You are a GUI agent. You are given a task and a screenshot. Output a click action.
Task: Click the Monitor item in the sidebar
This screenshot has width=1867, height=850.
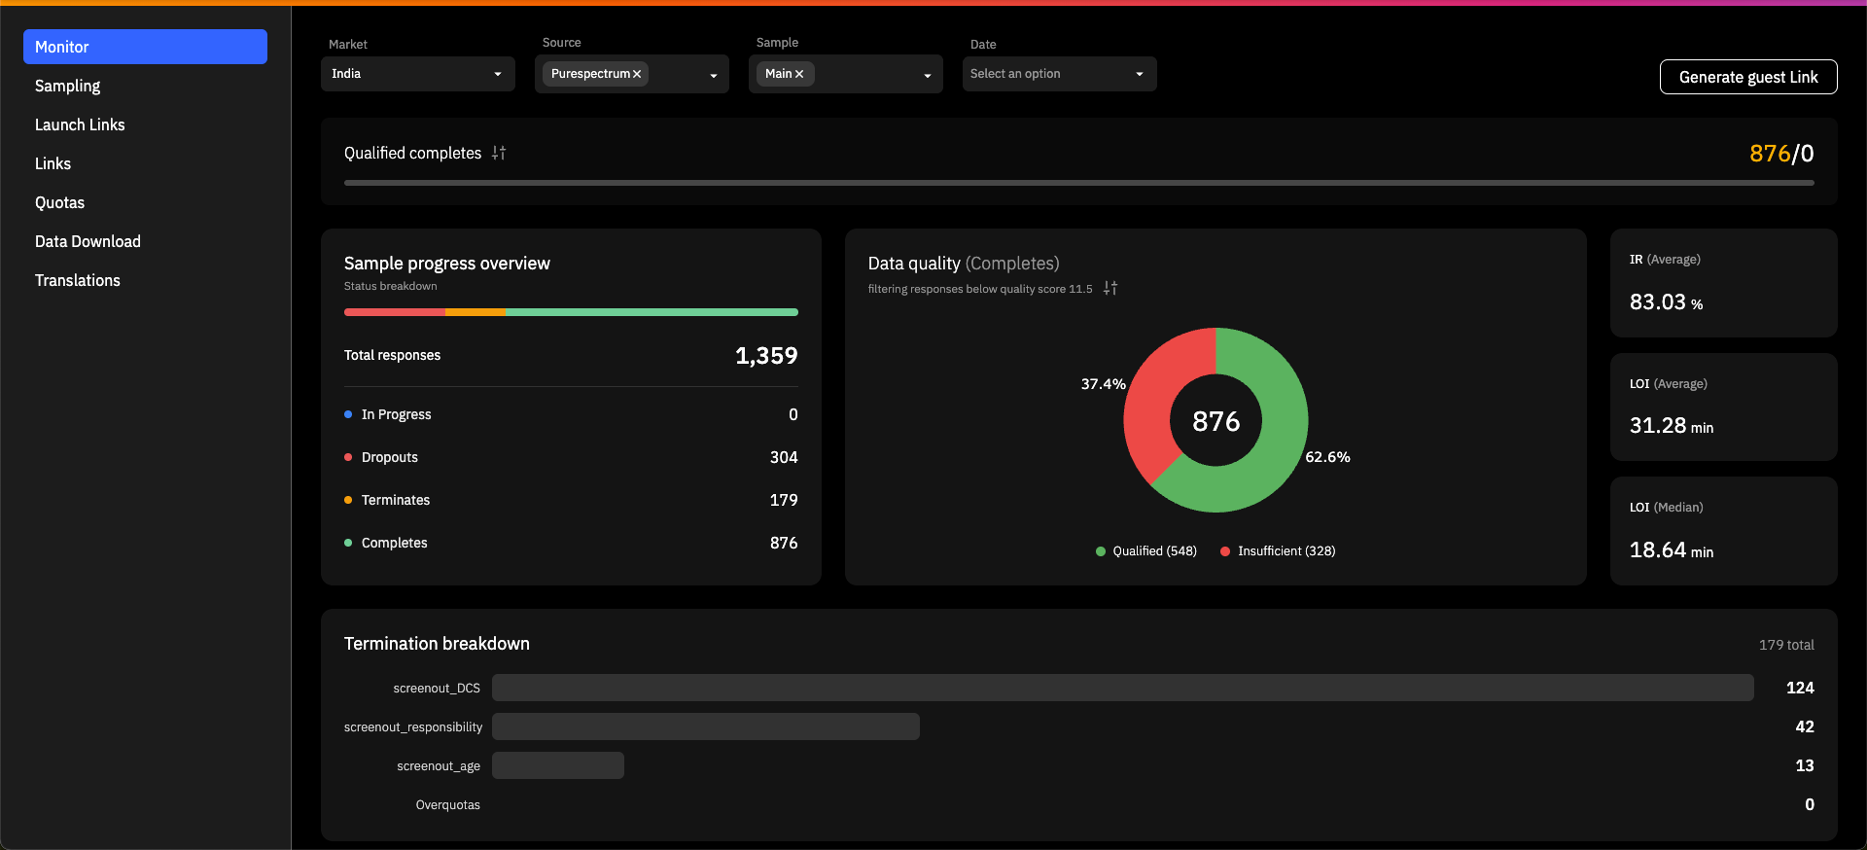coord(145,47)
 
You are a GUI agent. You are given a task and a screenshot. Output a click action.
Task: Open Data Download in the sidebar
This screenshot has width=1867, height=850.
coord(88,241)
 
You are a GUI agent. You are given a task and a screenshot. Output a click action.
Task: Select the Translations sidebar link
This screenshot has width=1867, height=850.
coord(78,280)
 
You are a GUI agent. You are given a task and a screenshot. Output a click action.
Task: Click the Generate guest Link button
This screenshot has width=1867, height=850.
coord(1748,77)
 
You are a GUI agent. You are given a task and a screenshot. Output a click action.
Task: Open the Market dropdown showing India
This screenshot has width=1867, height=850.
coord(418,74)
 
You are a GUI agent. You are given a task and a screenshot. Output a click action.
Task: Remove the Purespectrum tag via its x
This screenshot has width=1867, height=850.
coord(637,74)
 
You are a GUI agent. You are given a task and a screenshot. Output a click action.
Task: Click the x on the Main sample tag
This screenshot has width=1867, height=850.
coord(799,74)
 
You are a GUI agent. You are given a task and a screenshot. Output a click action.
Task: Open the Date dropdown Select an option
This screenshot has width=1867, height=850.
coord(1060,74)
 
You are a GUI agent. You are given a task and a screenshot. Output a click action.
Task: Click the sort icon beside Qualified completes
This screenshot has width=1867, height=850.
coord(499,153)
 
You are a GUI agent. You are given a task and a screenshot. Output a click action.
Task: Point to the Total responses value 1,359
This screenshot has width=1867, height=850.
coord(766,356)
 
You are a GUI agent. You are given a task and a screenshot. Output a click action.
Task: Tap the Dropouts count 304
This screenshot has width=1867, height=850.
coord(784,457)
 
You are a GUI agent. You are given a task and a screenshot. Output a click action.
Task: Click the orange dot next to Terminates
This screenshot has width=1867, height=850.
coord(348,500)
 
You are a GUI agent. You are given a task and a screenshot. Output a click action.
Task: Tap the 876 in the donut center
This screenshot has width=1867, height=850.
coord(1216,421)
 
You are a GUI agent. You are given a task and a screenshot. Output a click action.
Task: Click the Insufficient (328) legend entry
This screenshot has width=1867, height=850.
coord(1278,551)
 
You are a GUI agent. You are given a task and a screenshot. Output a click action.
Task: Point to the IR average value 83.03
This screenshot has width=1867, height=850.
coord(1657,302)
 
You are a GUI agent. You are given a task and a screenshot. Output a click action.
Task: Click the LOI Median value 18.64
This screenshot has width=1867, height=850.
coord(1657,550)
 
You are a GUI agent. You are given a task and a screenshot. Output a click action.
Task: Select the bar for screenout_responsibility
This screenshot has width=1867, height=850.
coord(706,726)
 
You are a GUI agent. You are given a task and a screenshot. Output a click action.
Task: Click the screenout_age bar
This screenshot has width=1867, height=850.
coord(558,765)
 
